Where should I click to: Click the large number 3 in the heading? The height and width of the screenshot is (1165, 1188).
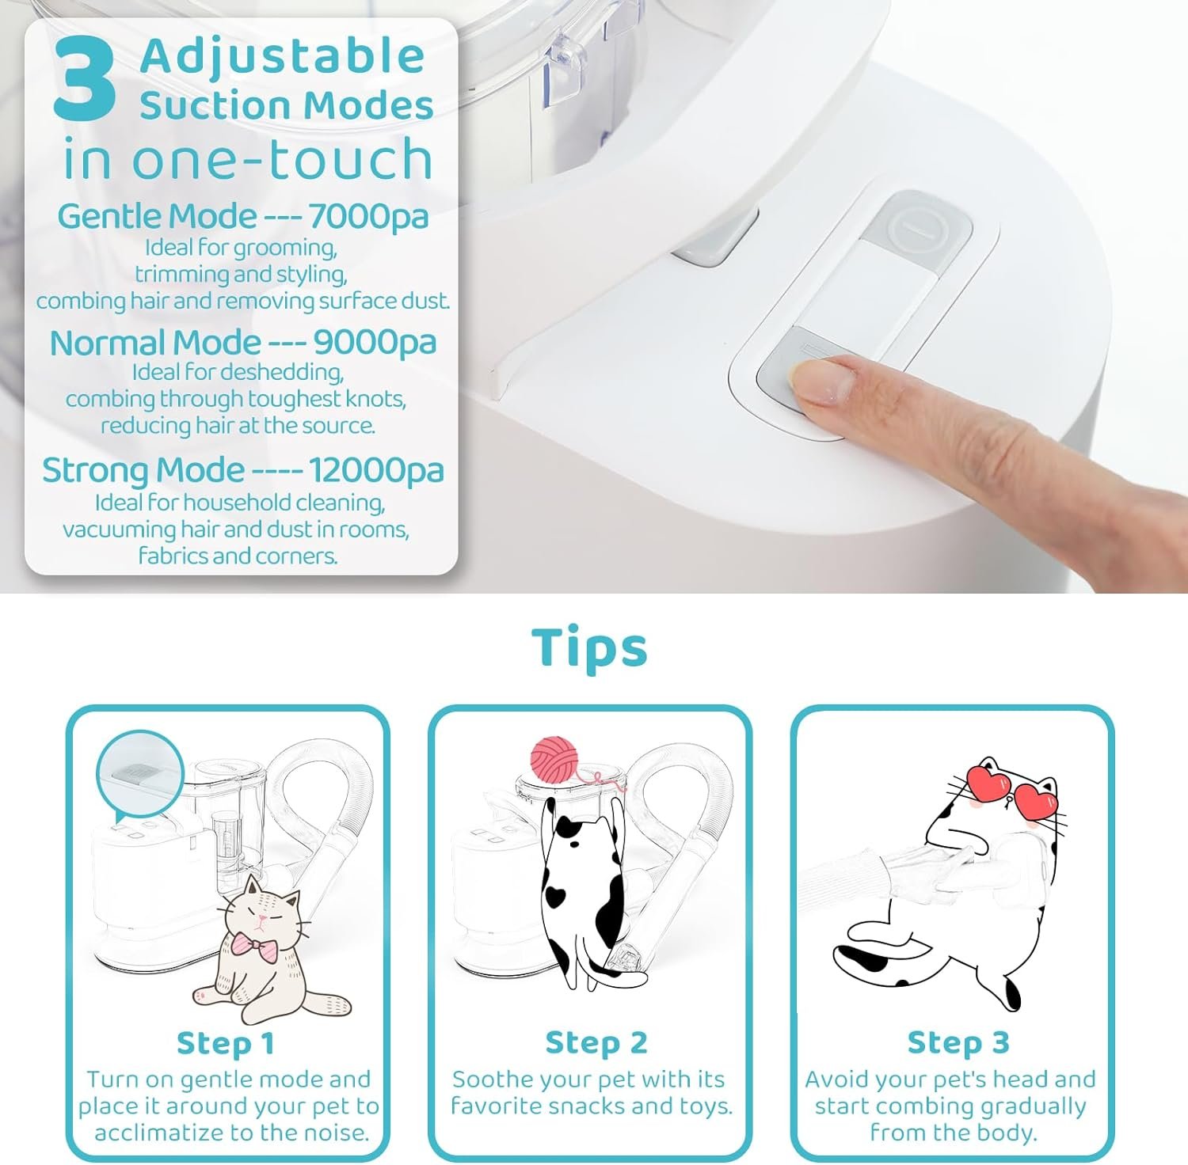pyautogui.click(x=85, y=82)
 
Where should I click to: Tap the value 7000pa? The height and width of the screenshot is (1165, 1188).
pyautogui.click(x=368, y=216)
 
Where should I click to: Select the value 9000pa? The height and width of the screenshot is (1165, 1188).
pyautogui.click(x=375, y=343)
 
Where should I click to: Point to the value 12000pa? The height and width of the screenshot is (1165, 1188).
pyautogui.click(x=376, y=470)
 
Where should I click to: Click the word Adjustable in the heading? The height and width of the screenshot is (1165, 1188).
pyautogui.click(x=283, y=57)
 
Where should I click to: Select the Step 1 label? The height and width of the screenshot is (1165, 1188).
pyautogui.click(x=226, y=1043)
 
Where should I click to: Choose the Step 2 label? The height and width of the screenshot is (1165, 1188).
pyautogui.click(x=596, y=1043)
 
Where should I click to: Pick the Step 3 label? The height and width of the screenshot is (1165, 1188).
pyautogui.click(x=958, y=1043)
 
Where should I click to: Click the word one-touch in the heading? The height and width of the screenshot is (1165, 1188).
pyautogui.click(x=281, y=159)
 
